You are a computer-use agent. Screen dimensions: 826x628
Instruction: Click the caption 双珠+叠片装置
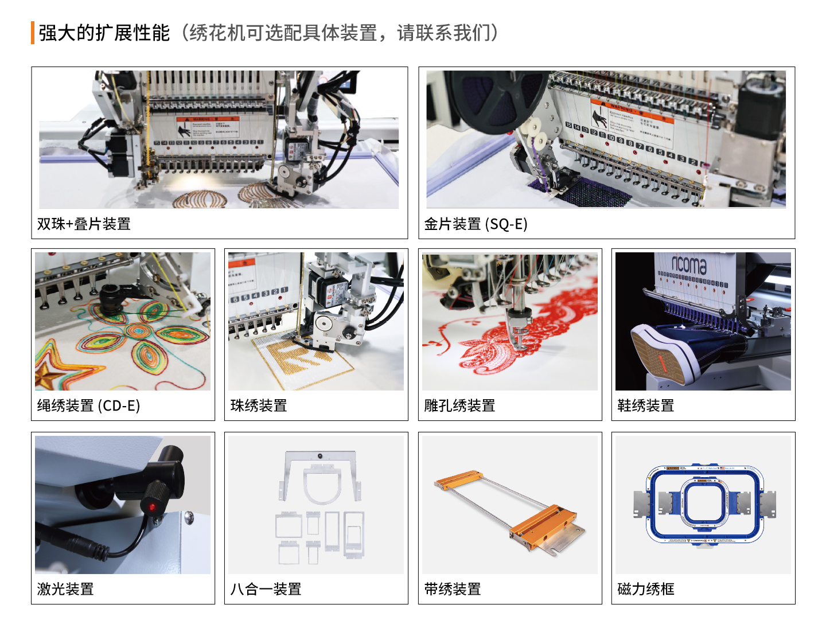coord(84,224)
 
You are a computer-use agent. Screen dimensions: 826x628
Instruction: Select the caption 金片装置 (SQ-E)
coord(476,224)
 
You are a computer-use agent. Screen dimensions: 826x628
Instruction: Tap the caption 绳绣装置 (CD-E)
coord(88,405)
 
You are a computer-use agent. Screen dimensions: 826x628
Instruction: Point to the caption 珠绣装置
coord(259,405)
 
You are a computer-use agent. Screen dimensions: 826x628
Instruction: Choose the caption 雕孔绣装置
coord(459,405)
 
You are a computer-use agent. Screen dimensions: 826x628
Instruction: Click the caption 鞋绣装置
coord(645,405)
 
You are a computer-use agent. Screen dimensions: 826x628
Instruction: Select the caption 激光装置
coord(65,589)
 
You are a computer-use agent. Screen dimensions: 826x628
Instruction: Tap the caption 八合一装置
coord(266,589)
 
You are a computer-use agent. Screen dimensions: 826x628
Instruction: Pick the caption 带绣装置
coord(453,589)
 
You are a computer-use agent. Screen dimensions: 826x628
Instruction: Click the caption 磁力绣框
coord(645,589)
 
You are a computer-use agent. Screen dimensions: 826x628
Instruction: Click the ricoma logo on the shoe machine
coord(689,264)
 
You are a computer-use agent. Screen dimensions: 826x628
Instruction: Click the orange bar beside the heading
coord(33,33)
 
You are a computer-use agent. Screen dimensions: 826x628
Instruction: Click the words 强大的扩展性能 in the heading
coord(104,33)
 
